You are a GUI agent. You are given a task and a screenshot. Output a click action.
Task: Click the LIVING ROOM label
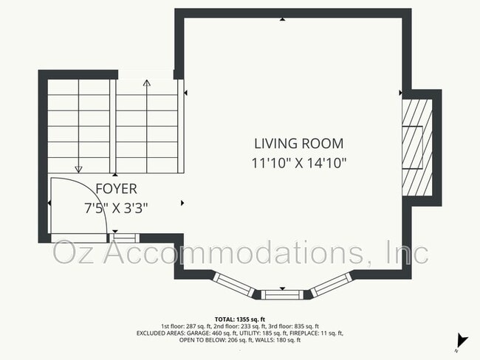pos(298,144)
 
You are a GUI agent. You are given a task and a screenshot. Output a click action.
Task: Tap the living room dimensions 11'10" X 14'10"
pos(298,163)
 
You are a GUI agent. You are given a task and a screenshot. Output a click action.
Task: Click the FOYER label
pos(116,190)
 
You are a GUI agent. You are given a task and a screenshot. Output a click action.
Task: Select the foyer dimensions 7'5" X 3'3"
pos(116,207)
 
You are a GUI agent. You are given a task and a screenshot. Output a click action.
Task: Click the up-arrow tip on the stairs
pos(146,83)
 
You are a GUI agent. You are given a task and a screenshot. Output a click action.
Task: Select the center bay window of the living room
pos(281,294)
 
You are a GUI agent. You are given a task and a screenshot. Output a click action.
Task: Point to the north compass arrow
pos(462,340)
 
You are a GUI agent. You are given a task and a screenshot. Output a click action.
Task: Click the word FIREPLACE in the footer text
pos(304,333)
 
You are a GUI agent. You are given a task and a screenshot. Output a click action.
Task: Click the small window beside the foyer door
pos(125,238)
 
